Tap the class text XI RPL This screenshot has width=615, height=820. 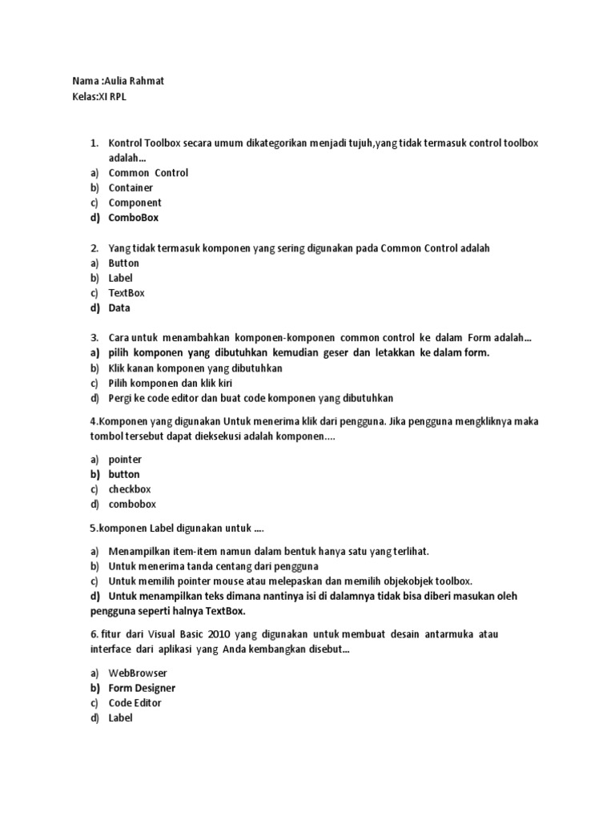113,98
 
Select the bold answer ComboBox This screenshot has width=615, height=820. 134,218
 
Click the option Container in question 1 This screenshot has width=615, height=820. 131,187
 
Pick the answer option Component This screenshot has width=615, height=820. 135,203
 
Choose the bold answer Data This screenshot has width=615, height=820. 119,308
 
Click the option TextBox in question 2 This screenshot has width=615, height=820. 127,293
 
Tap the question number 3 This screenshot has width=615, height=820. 94,338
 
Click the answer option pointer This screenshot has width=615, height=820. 125,460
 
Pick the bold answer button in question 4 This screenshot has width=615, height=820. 124,475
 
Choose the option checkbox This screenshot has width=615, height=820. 130,489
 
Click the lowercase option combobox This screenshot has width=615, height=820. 132,504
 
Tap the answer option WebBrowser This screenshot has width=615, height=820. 138,673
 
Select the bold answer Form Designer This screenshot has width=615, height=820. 142,689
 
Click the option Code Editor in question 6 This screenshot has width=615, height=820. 135,703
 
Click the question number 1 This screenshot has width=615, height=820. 94,143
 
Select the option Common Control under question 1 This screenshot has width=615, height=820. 148,173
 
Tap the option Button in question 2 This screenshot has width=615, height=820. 123,263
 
